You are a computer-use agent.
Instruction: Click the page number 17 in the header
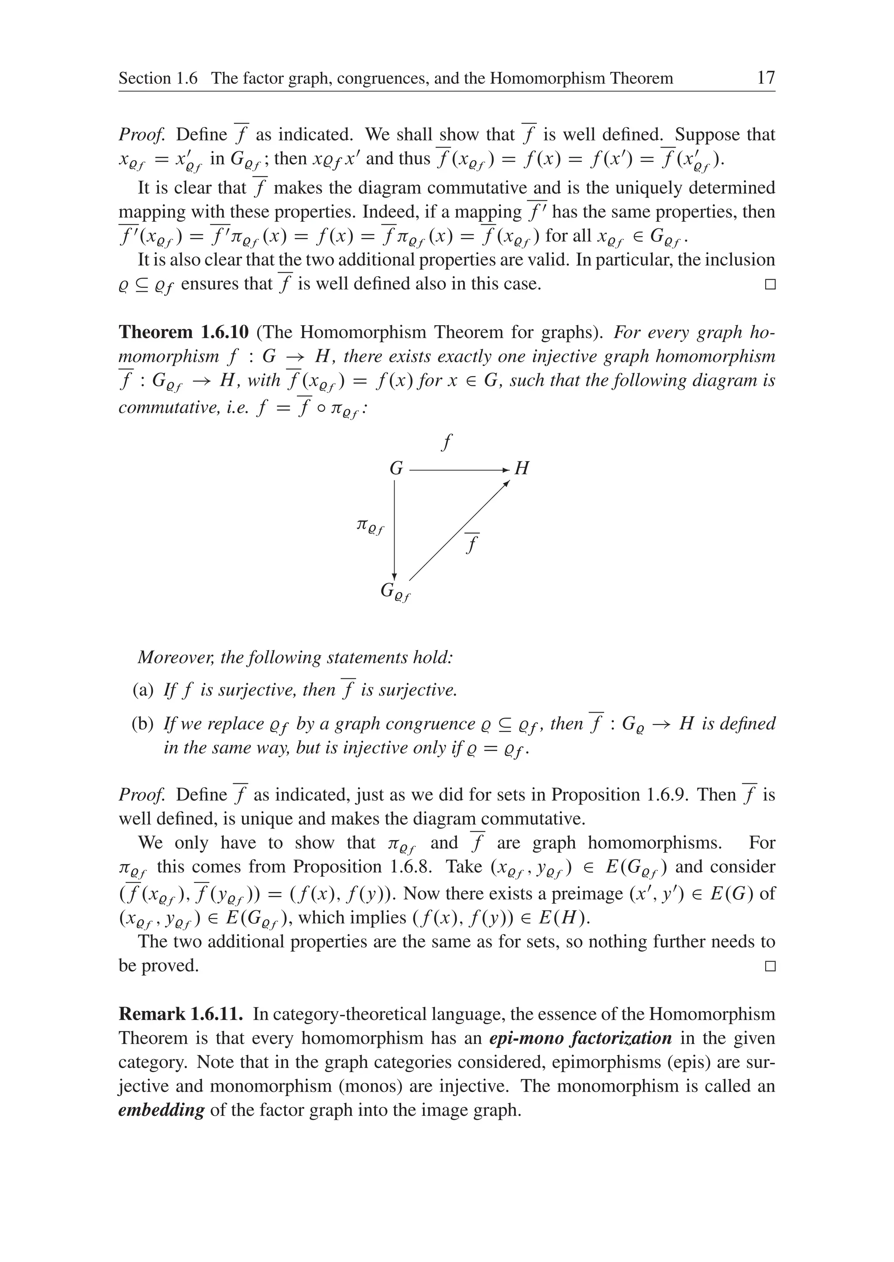click(x=766, y=78)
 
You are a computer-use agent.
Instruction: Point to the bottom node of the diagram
click(x=394, y=592)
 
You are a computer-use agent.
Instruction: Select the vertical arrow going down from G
click(x=394, y=528)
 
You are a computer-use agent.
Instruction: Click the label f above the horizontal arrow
click(x=447, y=442)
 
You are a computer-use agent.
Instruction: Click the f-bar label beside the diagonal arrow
click(x=471, y=543)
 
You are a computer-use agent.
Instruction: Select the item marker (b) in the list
click(x=143, y=724)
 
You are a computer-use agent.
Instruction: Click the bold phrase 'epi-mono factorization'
click(x=580, y=1039)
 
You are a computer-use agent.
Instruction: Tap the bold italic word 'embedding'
click(x=161, y=1110)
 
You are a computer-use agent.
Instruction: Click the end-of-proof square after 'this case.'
click(x=770, y=285)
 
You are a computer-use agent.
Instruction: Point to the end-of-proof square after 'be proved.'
click(x=770, y=966)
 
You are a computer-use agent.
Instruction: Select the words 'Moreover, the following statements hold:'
click(x=295, y=657)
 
